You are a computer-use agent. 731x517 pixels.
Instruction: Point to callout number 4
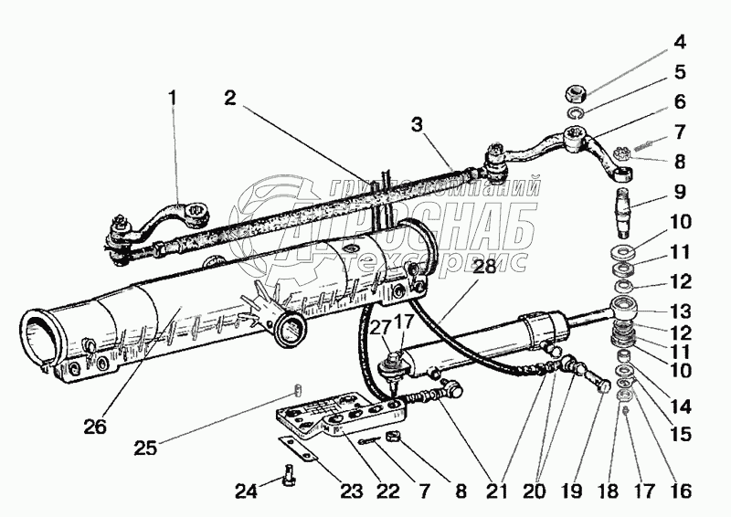(678, 43)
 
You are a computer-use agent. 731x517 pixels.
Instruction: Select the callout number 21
(495, 491)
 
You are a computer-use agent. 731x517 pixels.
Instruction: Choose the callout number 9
(678, 195)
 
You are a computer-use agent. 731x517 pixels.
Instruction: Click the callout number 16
(678, 491)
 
